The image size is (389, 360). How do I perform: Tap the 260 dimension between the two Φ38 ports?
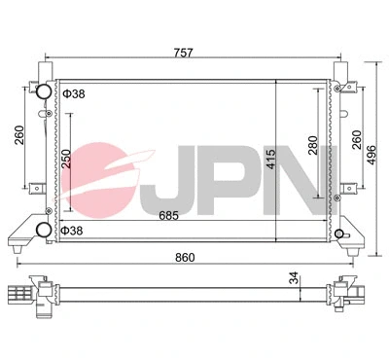(x=19, y=135)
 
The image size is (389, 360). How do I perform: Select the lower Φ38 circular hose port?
(x=43, y=231)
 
